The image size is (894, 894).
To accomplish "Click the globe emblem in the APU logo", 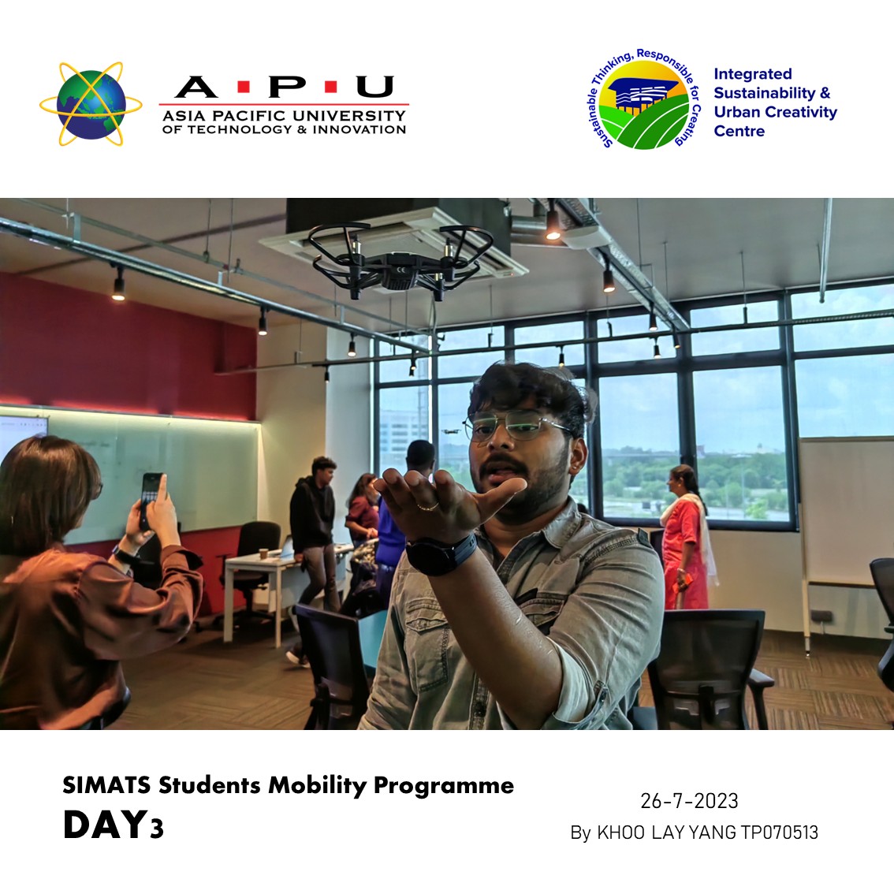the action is [x=91, y=104].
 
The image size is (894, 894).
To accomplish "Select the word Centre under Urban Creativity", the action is [x=739, y=131].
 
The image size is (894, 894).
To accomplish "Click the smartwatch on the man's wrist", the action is [x=439, y=553].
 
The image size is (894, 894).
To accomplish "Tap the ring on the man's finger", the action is [x=427, y=506].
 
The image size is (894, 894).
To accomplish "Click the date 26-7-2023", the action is [x=689, y=801].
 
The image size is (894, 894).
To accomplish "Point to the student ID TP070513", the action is [x=780, y=833].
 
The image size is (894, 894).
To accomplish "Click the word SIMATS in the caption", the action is [x=106, y=785].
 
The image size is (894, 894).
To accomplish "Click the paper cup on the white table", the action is [x=264, y=553].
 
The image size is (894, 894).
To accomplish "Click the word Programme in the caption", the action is [x=444, y=786].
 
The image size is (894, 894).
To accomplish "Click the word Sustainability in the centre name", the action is [x=765, y=93].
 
